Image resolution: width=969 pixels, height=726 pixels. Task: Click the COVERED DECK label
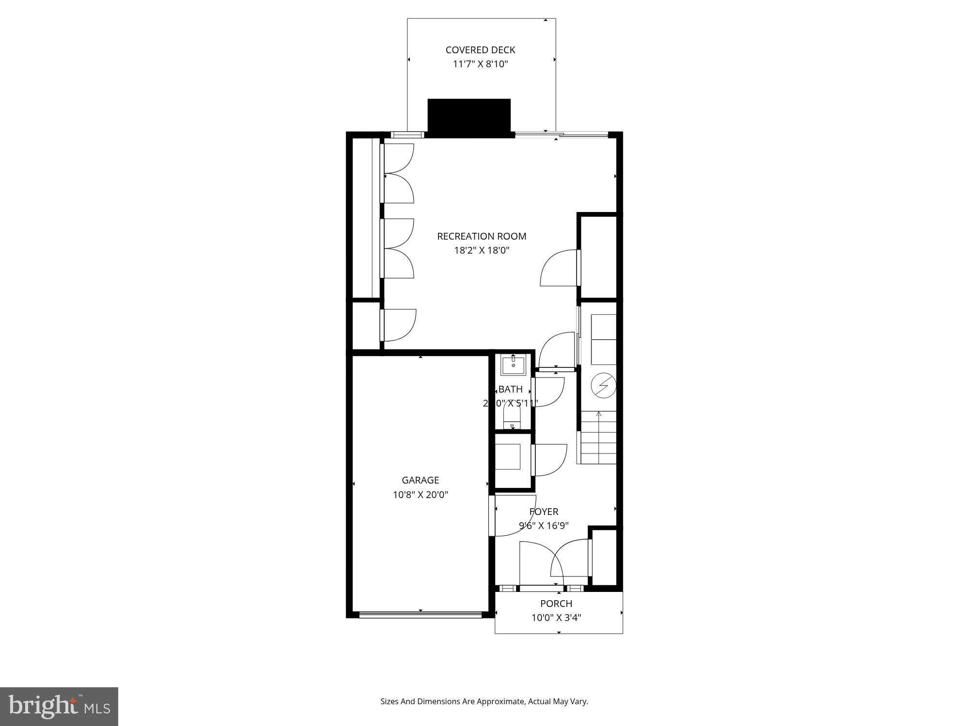(480, 50)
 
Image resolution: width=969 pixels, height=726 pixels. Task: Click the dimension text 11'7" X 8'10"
(480, 64)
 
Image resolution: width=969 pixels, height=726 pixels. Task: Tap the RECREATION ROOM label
(481, 236)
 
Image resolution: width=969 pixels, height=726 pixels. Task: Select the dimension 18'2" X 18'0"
(481, 250)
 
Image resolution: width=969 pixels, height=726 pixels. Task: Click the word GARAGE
(420, 480)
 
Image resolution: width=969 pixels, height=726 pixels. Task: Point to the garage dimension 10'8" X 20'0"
(420, 495)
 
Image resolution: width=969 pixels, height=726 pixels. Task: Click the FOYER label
(544, 512)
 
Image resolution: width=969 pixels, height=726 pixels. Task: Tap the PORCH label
(556, 604)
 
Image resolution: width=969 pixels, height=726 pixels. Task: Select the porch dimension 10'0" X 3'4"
(556, 618)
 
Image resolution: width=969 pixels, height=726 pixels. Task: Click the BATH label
(510, 389)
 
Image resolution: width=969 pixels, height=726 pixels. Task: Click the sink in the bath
(513, 365)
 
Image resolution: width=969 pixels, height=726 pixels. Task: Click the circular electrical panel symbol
(603, 386)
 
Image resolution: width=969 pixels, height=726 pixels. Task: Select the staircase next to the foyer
(598, 438)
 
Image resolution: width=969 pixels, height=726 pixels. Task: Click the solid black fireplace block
(469, 118)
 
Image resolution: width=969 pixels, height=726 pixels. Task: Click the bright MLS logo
(59, 707)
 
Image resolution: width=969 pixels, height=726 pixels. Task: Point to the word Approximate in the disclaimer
(500, 701)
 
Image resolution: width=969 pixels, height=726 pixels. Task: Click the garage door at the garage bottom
(420, 615)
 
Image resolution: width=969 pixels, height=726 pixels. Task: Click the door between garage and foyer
(492, 515)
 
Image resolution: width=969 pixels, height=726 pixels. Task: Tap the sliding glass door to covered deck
(561, 135)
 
